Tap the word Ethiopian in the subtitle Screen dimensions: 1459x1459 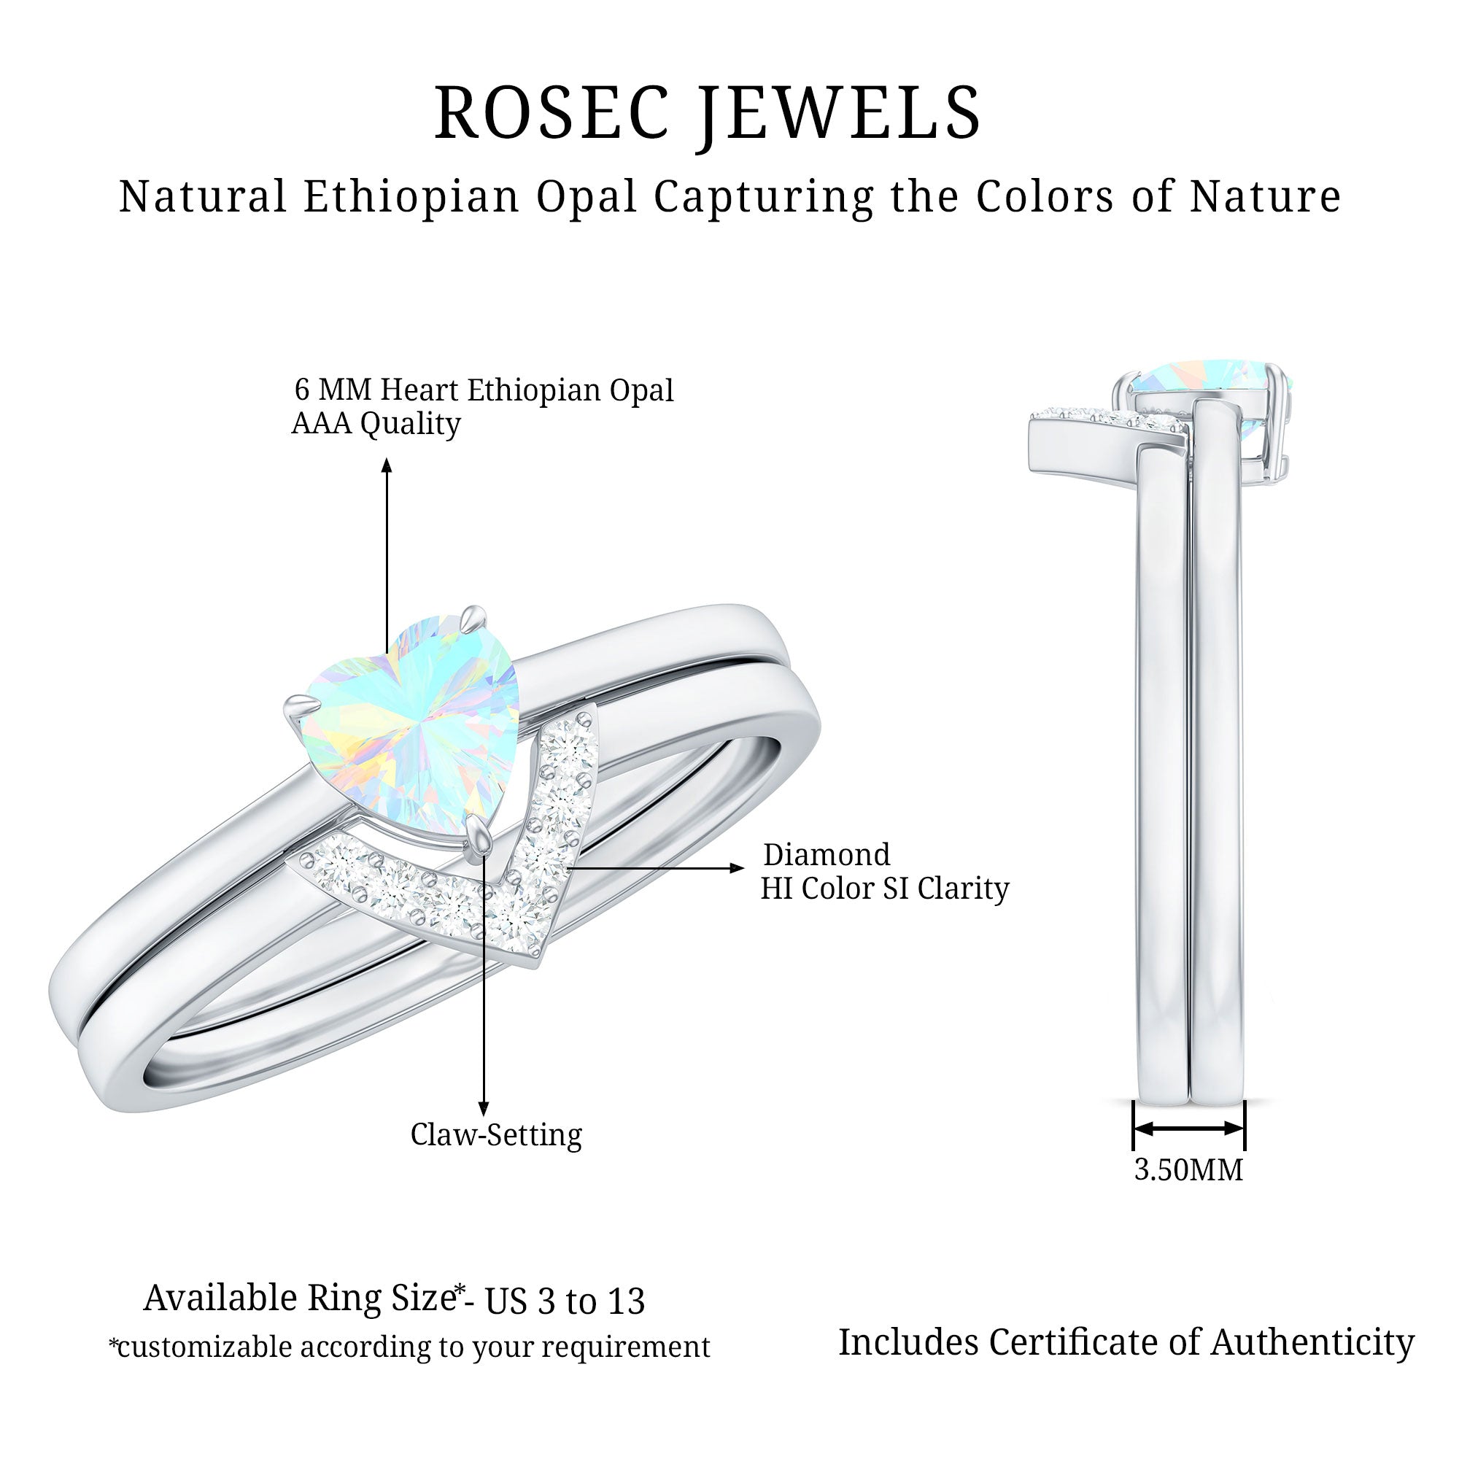click(x=411, y=196)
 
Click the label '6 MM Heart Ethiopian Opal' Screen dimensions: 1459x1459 click(x=484, y=390)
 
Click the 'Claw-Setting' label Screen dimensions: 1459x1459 click(x=496, y=1134)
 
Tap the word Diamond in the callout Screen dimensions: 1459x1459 click(x=827, y=855)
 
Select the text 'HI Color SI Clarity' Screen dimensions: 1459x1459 click(x=884, y=888)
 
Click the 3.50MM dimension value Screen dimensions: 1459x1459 click(x=1188, y=1170)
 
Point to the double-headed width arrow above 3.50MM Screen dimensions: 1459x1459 click(x=1188, y=1129)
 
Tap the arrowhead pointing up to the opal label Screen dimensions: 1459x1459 click(x=387, y=465)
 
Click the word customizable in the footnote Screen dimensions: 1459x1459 click(x=201, y=1347)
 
